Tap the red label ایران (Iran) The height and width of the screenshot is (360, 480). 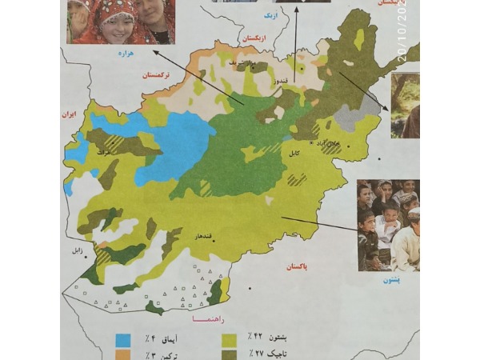tap(70, 115)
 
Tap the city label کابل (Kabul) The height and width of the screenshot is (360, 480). tap(298, 154)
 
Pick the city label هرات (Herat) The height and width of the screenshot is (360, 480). tap(102, 150)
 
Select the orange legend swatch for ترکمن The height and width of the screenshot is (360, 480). tap(123, 353)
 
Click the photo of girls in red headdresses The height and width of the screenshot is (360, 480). tap(121, 21)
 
